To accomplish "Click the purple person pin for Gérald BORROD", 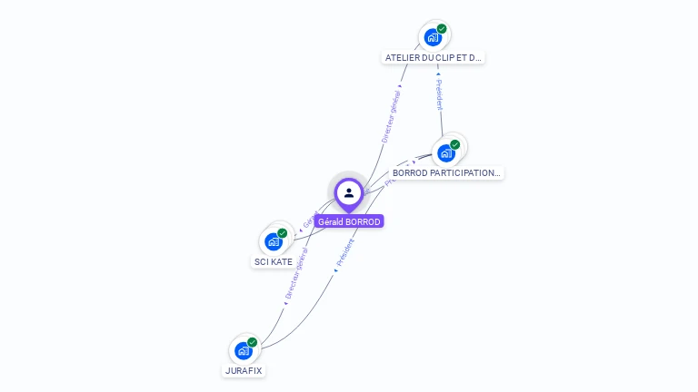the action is click(349, 192).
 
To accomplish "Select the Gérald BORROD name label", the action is click(349, 221).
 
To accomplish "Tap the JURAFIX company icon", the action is click(243, 350).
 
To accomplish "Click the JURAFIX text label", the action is click(244, 370).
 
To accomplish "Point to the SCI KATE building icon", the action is click(273, 241).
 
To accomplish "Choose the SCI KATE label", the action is click(274, 261).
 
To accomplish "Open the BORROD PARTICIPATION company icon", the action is click(445, 152).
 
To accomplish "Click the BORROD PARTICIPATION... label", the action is click(446, 172).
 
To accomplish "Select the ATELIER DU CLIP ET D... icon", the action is click(433, 37).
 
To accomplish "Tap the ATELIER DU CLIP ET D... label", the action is click(433, 57).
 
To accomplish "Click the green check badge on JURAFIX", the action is click(252, 342).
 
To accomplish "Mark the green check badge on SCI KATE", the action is click(282, 233).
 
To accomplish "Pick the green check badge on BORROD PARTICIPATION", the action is click(454, 144).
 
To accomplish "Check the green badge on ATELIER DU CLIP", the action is click(442, 29).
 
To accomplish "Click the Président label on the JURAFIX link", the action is click(344, 252).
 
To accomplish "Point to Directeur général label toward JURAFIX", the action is click(296, 272).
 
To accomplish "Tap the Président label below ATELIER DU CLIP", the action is click(439, 94).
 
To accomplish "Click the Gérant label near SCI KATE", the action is click(309, 220).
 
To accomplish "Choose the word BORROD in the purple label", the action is click(363, 221).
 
